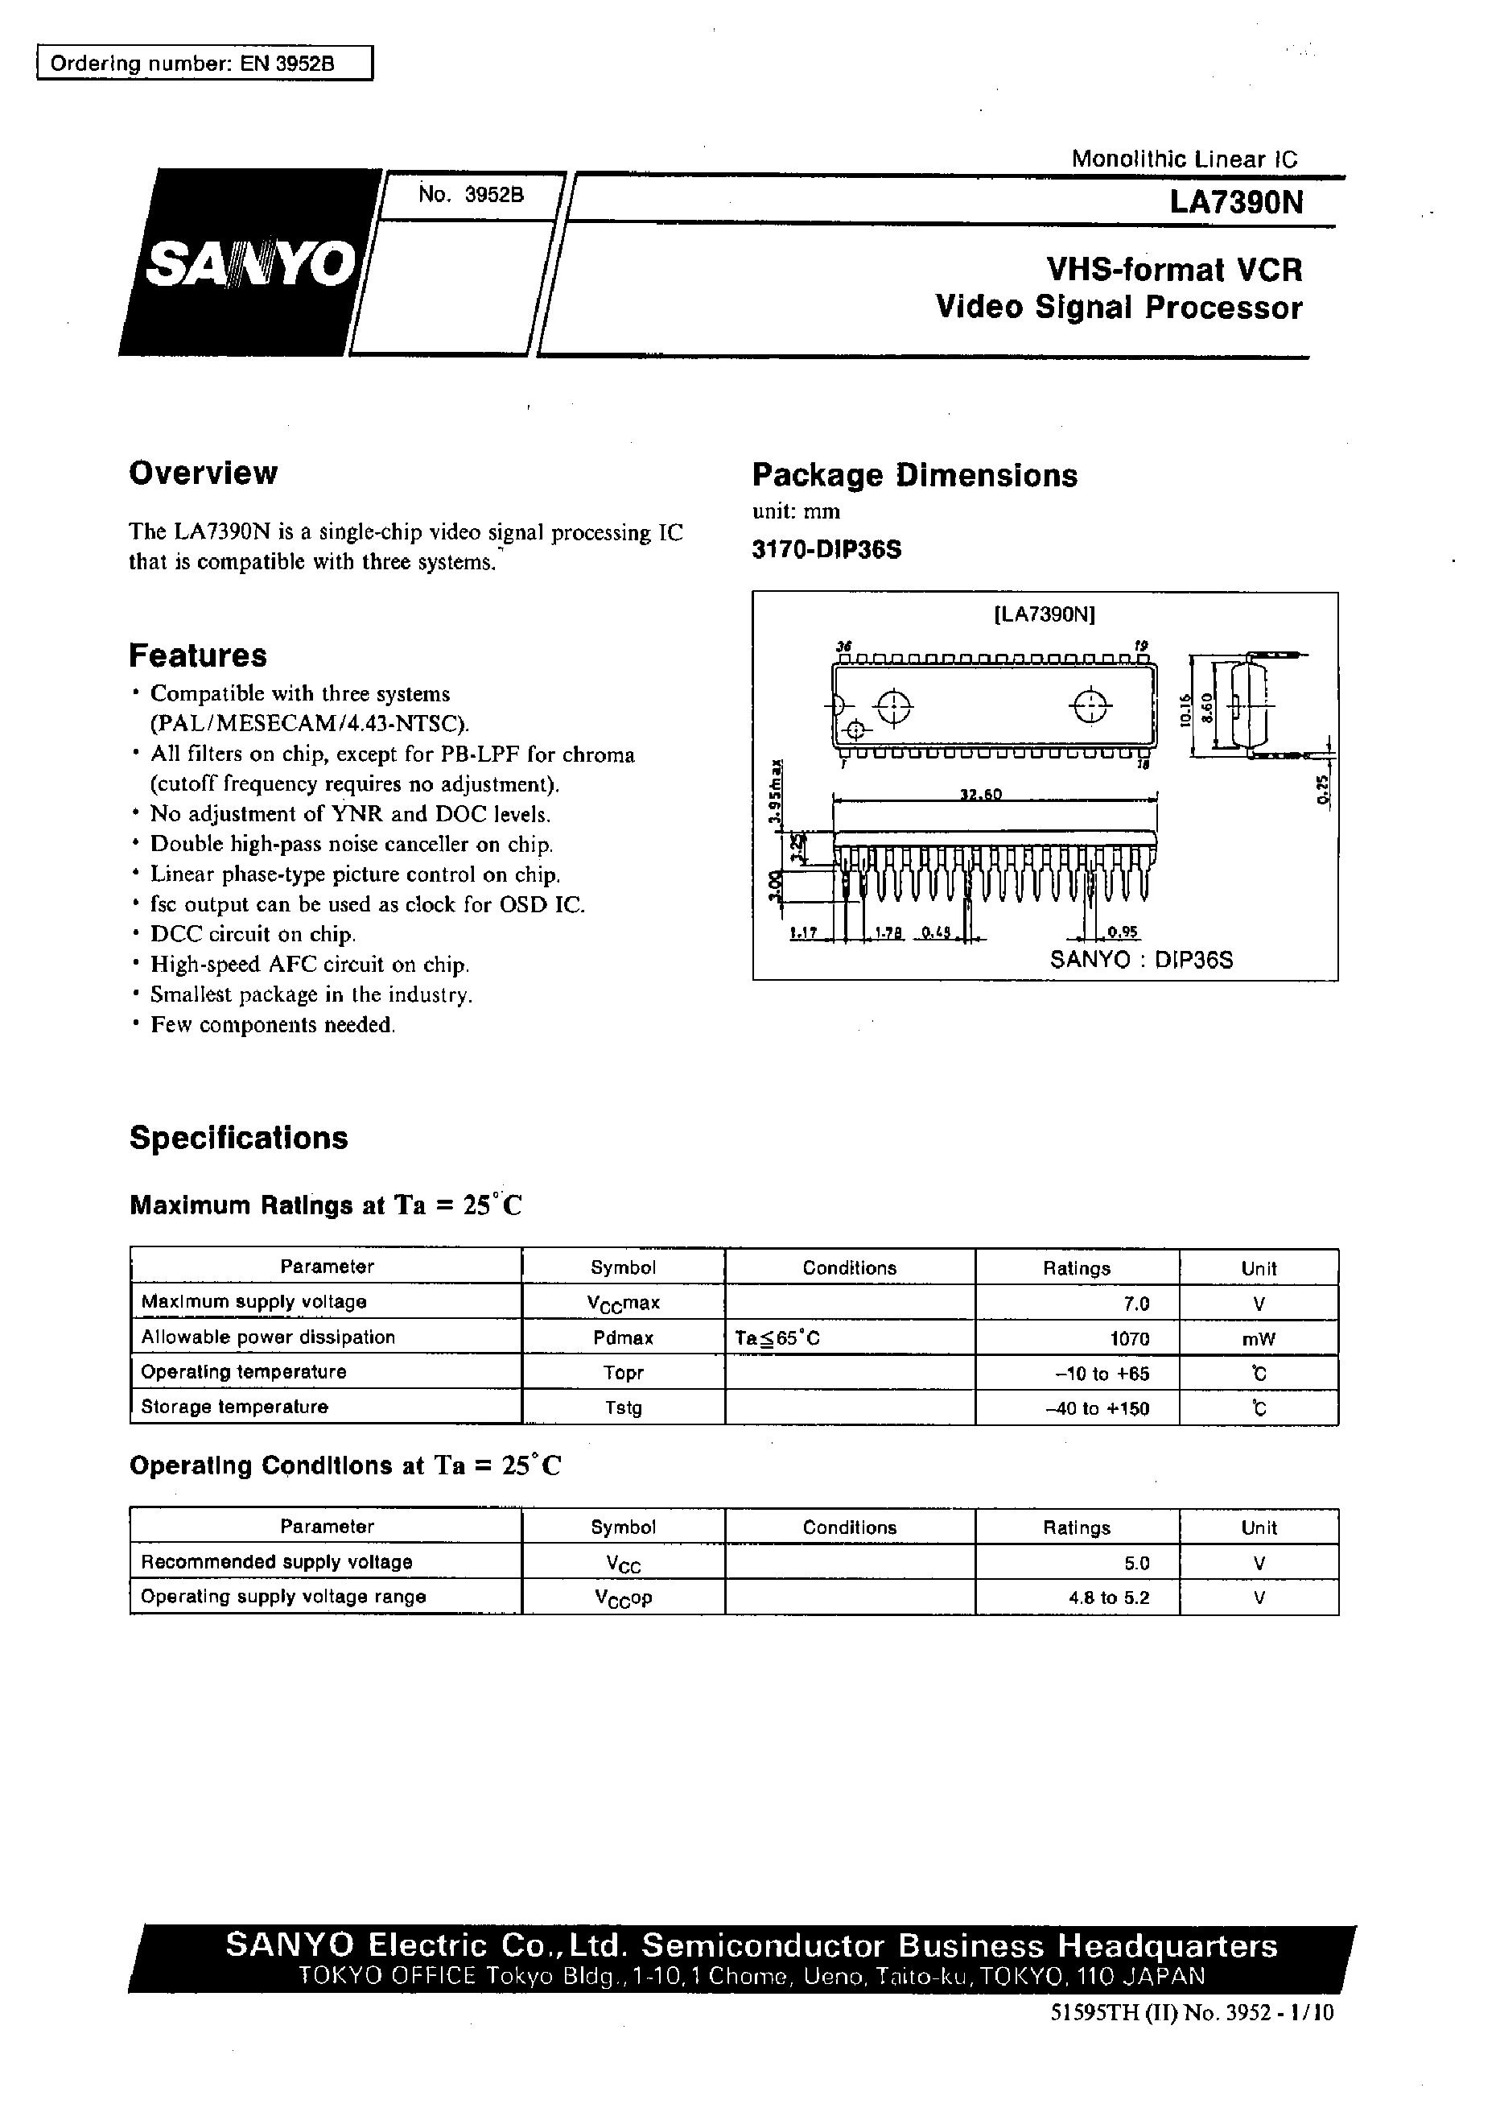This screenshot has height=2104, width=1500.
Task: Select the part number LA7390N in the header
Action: coord(1236,202)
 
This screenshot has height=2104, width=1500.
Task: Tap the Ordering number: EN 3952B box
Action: coord(204,64)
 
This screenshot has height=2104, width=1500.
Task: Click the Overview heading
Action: coord(204,473)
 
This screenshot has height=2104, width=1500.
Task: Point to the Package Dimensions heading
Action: coord(914,475)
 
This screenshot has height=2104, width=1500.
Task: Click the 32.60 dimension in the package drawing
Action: coord(981,795)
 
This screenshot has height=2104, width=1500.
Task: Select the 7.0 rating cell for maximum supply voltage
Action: coord(1136,1303)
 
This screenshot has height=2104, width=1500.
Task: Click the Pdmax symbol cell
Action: coord(624,1338)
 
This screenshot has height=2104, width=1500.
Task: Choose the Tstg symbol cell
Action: coord(624,1408)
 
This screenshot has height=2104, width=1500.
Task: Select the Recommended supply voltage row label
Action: coord(276,1563)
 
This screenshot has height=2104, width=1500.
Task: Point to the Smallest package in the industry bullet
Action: coord(311,994)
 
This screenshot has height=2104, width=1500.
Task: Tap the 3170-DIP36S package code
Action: coord(826,550)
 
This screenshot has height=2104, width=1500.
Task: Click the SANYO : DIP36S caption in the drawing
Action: coord(1142,959)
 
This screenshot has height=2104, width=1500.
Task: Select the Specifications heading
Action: coord(238,1138)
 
